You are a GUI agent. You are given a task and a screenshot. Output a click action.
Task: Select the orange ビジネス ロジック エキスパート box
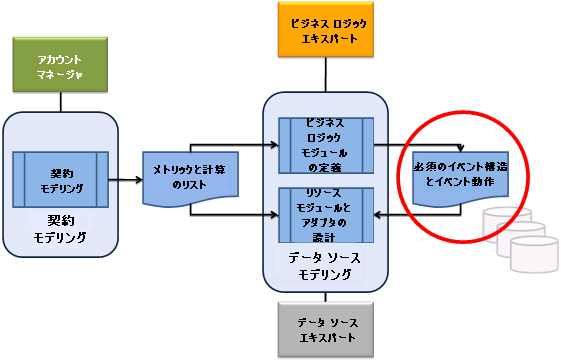click(323, 30)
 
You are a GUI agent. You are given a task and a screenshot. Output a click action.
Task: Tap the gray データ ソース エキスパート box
click(323, 330)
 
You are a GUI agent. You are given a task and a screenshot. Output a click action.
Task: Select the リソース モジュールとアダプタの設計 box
click(325, 214)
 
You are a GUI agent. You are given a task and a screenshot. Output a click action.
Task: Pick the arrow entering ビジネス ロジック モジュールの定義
click(270, 142)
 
